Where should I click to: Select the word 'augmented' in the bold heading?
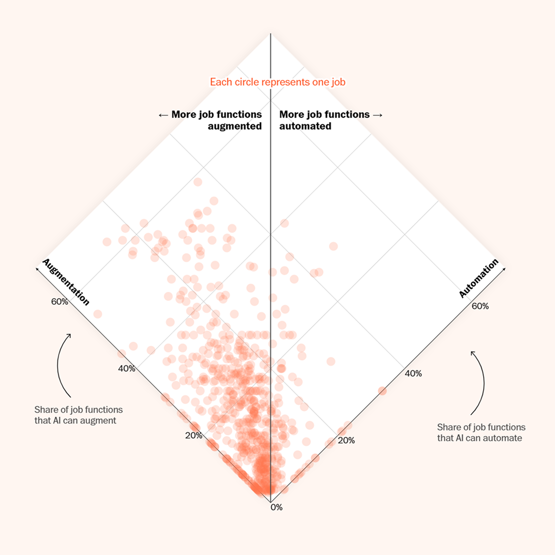coord(234,126)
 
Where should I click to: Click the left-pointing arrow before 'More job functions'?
coord(163,115)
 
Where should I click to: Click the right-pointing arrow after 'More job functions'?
coord(378,115)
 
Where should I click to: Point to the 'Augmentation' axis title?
coord(66,282)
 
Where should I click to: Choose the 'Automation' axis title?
coord(478,279)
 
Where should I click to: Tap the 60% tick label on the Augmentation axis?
coord(60,302)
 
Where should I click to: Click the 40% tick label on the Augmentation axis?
coord(126,368)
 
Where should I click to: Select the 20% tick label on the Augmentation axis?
coord(194,436)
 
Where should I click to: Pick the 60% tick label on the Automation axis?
coord(480,306)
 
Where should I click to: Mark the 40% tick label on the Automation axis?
coord(413,374)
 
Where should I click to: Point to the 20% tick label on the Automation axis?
coord(346,440)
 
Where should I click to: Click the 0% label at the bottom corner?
coord(276,507)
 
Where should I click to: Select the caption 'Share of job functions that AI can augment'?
coord(79,415)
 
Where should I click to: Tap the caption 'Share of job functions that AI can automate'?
coord(482,432)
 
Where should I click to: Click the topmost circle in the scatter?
coord(198,182)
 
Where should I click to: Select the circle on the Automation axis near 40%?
coord(382,391)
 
